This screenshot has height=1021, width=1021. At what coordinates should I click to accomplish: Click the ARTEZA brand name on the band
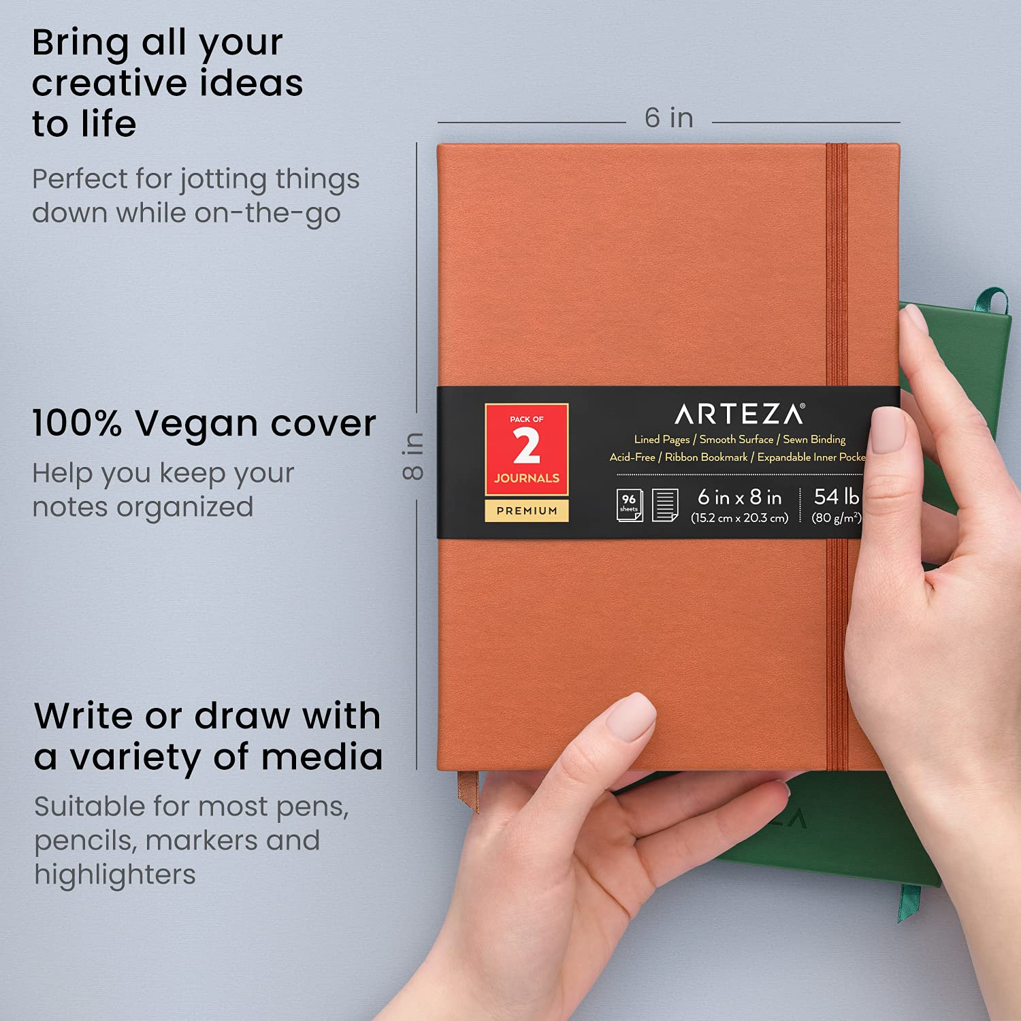coord(739,414)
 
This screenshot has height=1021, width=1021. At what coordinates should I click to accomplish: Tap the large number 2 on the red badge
coord(526,447)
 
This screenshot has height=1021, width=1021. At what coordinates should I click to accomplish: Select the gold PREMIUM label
coord(526,510)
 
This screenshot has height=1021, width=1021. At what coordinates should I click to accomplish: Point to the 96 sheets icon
coord(629,504)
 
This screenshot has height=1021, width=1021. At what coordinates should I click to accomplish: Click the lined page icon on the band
coord(665,504)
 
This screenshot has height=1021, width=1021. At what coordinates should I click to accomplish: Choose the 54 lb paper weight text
coord(837,496)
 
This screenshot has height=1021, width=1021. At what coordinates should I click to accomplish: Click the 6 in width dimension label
coord(668,118)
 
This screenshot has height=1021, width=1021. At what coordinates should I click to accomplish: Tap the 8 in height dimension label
coord(413,455)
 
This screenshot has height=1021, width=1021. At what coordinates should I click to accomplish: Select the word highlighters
coord(115,874)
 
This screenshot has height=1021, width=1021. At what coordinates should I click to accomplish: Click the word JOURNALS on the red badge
coord(526,478)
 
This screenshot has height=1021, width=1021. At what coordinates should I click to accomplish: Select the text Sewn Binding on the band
coord(814,440)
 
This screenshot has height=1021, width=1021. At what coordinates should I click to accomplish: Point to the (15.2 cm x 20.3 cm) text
coord(739,518)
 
